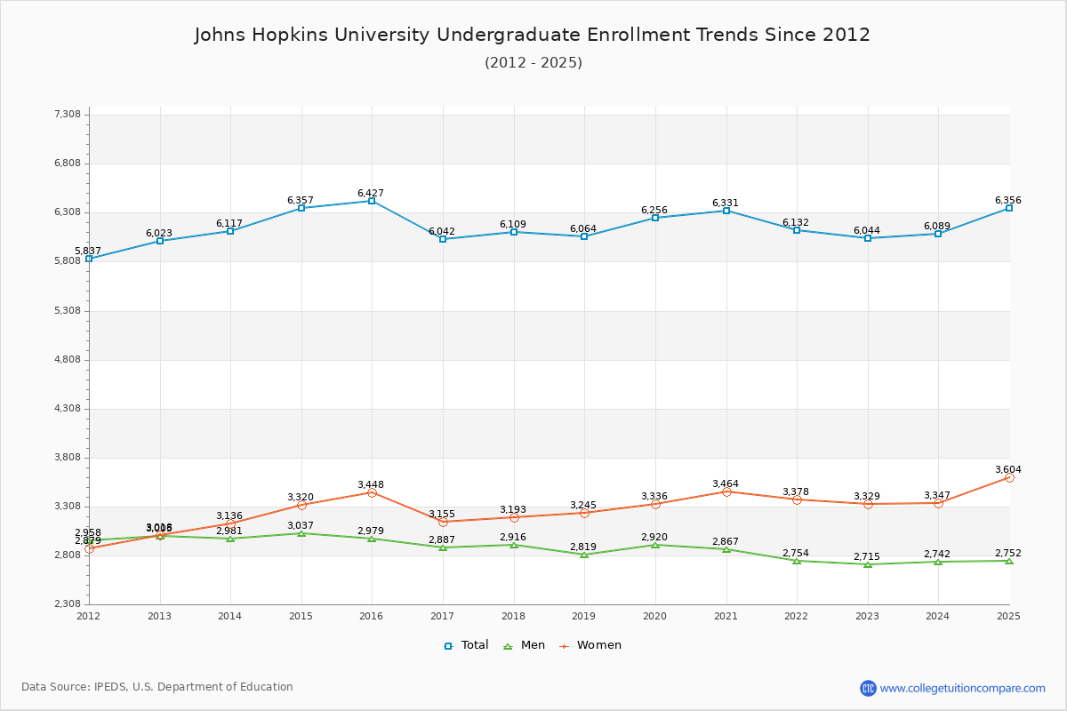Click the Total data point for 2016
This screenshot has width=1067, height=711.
pyautogui.click(x=372, y=201)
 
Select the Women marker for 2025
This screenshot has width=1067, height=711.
pyautogui.click(x=1009, y=477)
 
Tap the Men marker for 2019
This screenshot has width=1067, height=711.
pyautogui.click(x=584, y=555)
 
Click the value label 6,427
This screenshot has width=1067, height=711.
pyautogui.click(x=371, y=193)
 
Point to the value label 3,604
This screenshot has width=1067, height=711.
pyautogui.click(x=1007, y=469)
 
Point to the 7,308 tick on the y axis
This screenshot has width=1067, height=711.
pyautogui.click(x=68, y=115)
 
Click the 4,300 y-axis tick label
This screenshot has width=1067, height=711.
pyautogui.click(x=68, y=409)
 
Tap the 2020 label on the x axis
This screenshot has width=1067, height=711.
pyautogui.click(x=654, y=615)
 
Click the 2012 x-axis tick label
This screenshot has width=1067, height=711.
pyautogui.click(x=88, y=615)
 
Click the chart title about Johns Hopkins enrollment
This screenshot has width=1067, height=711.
pyautogui.click(x=533, y=35)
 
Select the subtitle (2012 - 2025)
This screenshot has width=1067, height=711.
pyautogui.click(x=533, y=62)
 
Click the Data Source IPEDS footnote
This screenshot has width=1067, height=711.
pyautogui.click(x=157, y=687)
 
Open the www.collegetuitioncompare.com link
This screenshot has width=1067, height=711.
pyautogui.click(x=962, y=688)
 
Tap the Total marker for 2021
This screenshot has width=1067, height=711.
pyautogui.click(x=726, y=211)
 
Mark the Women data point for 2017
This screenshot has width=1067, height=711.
pyautogui.click(x=443, y=522)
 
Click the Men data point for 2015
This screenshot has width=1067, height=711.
pyautogui.click(x=301, y=533)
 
